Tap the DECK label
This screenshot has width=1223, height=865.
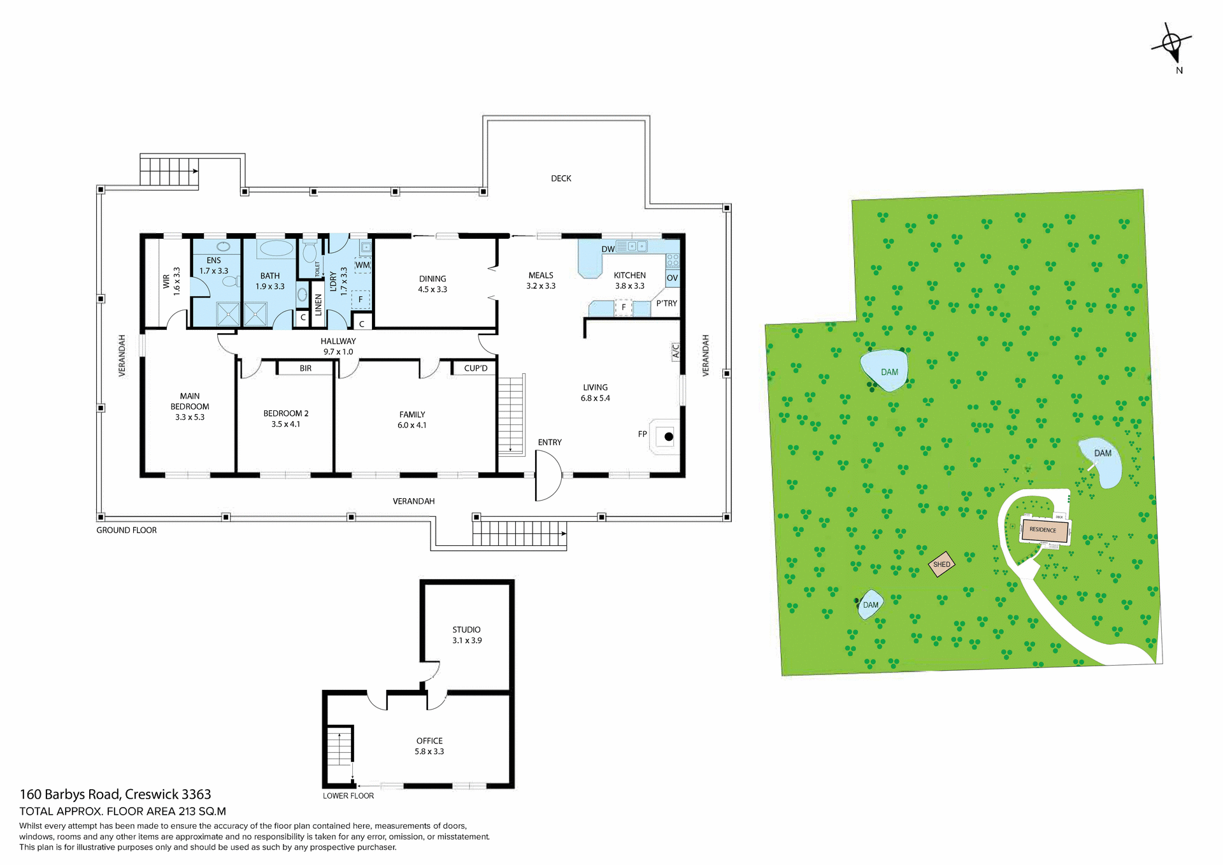(x=561, y=178)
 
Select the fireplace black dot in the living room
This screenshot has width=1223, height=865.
(x=669, y=437)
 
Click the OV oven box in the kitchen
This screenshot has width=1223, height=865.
(x=672, y=278)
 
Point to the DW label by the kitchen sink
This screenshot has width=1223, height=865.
(x=608, y=249)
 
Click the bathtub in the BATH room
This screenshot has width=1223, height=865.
(x=276, y=248)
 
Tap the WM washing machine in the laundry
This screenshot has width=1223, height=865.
(x=362, y=265)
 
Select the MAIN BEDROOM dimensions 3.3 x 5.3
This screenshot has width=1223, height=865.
(x=190, y=417)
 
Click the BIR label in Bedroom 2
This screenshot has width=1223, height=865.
(x=306, y=368)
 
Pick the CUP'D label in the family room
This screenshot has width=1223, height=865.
(x=475, y=368)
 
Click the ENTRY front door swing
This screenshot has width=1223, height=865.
(x=547, y=476)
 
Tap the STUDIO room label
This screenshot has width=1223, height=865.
(x=466, y=629)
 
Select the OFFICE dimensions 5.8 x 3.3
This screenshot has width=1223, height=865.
(x=429, y=752)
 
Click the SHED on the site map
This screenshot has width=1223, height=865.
(x=941, y=564)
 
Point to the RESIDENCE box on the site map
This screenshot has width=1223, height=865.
(x=1043, y=530)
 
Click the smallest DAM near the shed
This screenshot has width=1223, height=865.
(x=870, y=605)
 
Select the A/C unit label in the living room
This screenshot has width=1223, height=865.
(x=676, y=352)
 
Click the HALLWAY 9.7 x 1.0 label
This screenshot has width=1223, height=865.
(x=338, y=347)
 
